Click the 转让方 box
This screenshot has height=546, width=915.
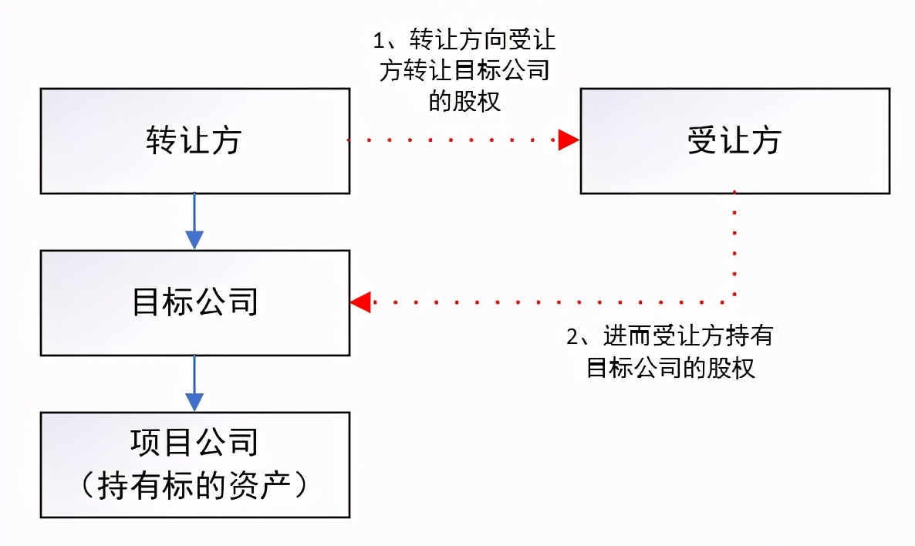point(194,140)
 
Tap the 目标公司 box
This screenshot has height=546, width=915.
point(194,302)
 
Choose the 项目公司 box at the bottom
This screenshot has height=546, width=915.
point(194,464)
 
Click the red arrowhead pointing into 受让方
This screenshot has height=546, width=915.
point(569,140)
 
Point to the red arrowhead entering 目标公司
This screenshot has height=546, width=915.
point(361,302)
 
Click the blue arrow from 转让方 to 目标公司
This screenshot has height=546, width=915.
point(194,222)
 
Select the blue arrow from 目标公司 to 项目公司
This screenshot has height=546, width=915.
point(194,383)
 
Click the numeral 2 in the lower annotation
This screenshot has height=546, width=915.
point(572,337)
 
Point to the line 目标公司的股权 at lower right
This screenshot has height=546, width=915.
point(670,368)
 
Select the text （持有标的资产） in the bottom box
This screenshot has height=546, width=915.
point(194,485)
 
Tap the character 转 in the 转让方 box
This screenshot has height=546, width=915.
point(160,141)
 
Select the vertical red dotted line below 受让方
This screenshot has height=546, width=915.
point(734,247)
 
